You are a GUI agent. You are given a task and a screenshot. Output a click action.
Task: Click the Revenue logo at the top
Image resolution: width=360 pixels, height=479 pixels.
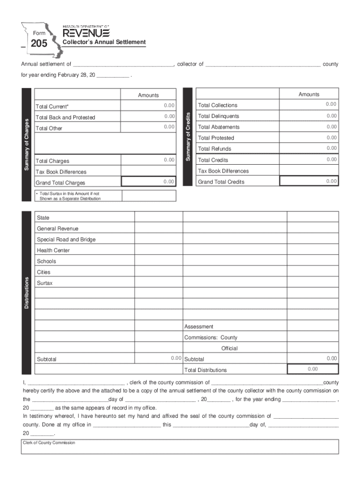tap(86, 33)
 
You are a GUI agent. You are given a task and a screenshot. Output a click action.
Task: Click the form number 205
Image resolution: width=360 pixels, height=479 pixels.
tap(39, 44)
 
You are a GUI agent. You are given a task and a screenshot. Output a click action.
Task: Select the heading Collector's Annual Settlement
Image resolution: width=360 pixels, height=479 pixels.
tap(104, 42)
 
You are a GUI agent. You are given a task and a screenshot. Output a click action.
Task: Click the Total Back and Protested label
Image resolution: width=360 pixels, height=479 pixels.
tap(65, 117)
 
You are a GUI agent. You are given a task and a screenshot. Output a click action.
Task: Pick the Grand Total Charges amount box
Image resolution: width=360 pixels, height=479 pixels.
tap(149, 181)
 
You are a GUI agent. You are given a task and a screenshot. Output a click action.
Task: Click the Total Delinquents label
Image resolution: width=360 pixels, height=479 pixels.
tap(218, 116)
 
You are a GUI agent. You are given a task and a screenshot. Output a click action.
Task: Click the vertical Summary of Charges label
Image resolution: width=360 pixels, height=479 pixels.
tap(27, 145)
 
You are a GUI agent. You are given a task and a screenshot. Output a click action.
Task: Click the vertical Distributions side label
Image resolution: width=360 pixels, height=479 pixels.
tap(27, 292)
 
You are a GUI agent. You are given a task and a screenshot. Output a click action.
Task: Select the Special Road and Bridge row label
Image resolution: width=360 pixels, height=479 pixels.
tap(66, 239)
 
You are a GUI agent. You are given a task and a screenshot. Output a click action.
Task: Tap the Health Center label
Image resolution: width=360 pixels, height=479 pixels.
tap(53, 250)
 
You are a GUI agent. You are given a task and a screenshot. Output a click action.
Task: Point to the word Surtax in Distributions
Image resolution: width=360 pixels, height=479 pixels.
tap(45, 283)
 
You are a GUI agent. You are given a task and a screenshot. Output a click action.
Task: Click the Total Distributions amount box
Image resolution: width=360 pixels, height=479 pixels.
tap(312, 369)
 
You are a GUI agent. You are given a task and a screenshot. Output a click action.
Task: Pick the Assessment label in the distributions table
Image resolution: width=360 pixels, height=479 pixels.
tap(199, 327)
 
